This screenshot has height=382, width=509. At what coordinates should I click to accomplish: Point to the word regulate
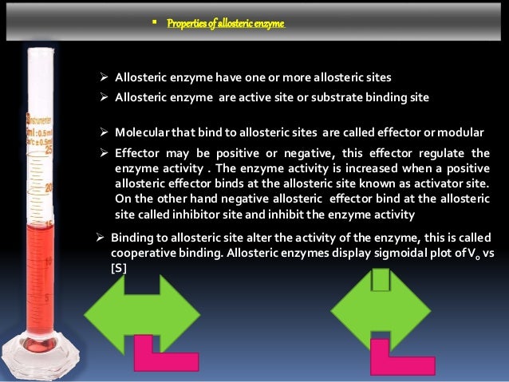click(x=431, y=152)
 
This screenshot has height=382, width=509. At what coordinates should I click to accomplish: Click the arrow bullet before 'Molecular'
click(x=104, y=132)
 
